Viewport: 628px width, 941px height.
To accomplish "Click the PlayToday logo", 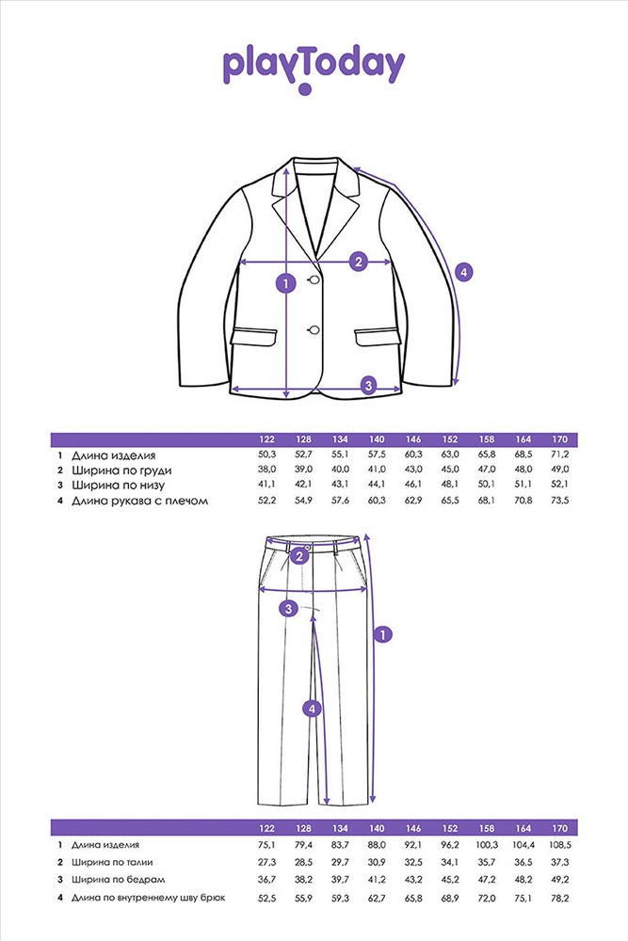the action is tap(314, 70).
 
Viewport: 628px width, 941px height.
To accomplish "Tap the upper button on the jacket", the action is tap(314, 279).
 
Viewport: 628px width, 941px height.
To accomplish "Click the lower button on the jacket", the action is tap(314, 328).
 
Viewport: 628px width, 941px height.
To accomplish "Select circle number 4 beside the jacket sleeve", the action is tap(463, 273).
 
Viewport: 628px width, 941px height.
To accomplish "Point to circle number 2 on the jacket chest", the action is tap(359, 262).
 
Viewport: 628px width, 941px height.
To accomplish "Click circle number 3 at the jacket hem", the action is tap(369, 385).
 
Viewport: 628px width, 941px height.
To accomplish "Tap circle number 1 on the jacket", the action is tap(286, 283).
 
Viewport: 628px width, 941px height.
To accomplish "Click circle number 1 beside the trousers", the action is tap(382, 633).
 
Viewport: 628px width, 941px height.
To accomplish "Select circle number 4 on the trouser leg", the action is tap(312, 709).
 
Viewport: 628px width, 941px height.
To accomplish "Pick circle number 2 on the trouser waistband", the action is tap(299, 556).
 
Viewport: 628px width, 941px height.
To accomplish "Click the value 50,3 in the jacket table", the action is tap(267, 455).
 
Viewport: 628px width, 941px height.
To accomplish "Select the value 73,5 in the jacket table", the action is tap(559, 500).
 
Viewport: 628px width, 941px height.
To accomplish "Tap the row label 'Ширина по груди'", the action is tap(121, 470).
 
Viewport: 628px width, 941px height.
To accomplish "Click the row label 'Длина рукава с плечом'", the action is tap(140, 501).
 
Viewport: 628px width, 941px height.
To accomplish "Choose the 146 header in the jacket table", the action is tap(413, 439).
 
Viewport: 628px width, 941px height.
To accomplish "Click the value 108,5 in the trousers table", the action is tap(559, 844).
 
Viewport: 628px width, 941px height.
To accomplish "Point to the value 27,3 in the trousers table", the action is tap(267, 862).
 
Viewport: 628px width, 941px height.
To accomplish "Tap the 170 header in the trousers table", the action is tap(559, 828).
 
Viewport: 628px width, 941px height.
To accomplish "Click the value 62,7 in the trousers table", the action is tap(377, 898).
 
